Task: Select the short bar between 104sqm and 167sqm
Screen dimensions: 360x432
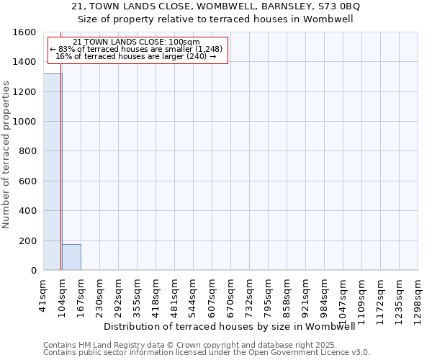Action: click(71, 257)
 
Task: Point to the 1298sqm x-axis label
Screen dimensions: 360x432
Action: click(418, 294)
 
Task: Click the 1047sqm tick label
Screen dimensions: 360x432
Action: click(343, 294)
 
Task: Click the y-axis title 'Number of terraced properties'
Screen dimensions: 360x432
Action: click(6, 154)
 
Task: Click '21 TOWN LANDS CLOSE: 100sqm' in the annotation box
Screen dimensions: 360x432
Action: click(137, 42)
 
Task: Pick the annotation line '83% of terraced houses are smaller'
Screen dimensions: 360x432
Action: click(137, 49)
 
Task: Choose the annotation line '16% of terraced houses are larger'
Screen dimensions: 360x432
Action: click(135, 56)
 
